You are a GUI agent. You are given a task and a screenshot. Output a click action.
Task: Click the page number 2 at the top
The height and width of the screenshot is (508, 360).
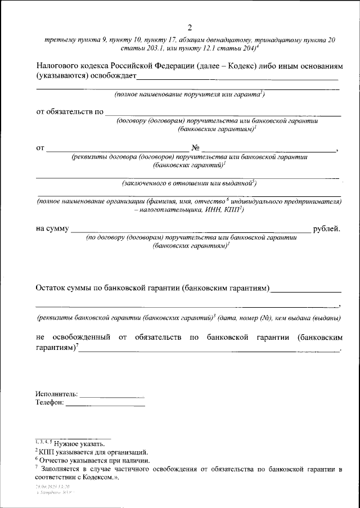190,28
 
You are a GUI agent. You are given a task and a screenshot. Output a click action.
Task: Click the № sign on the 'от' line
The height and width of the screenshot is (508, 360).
196,149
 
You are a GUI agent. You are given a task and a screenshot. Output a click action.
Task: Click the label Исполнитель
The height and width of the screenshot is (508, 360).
57,394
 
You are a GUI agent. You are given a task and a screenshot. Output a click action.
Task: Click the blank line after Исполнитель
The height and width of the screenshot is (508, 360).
112,395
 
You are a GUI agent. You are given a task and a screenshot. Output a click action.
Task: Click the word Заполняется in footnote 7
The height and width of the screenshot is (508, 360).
65,469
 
